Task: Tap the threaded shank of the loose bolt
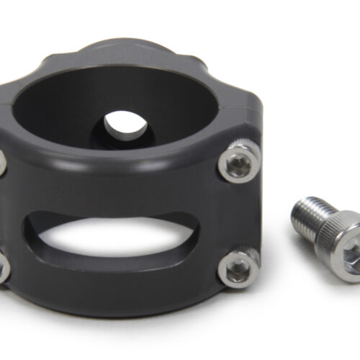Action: tap(308, 216)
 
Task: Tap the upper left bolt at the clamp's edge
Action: tap(3, 161)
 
